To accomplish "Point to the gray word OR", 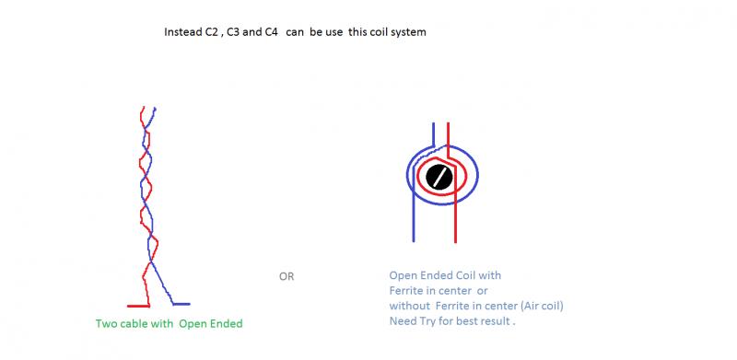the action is [287, 276].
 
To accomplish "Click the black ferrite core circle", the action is [439, 177].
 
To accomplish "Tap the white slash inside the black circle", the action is [439, 177].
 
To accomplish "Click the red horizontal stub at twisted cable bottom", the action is [138, 306].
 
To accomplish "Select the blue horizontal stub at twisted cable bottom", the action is [181, 304].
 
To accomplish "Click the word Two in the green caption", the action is [105, 323].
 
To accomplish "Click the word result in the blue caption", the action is [497, 321].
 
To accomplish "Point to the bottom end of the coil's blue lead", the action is [414, 241].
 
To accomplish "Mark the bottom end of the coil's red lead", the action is [455, 242].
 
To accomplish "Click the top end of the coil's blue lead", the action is [433, 123].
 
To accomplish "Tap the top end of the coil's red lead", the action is [448, 123].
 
